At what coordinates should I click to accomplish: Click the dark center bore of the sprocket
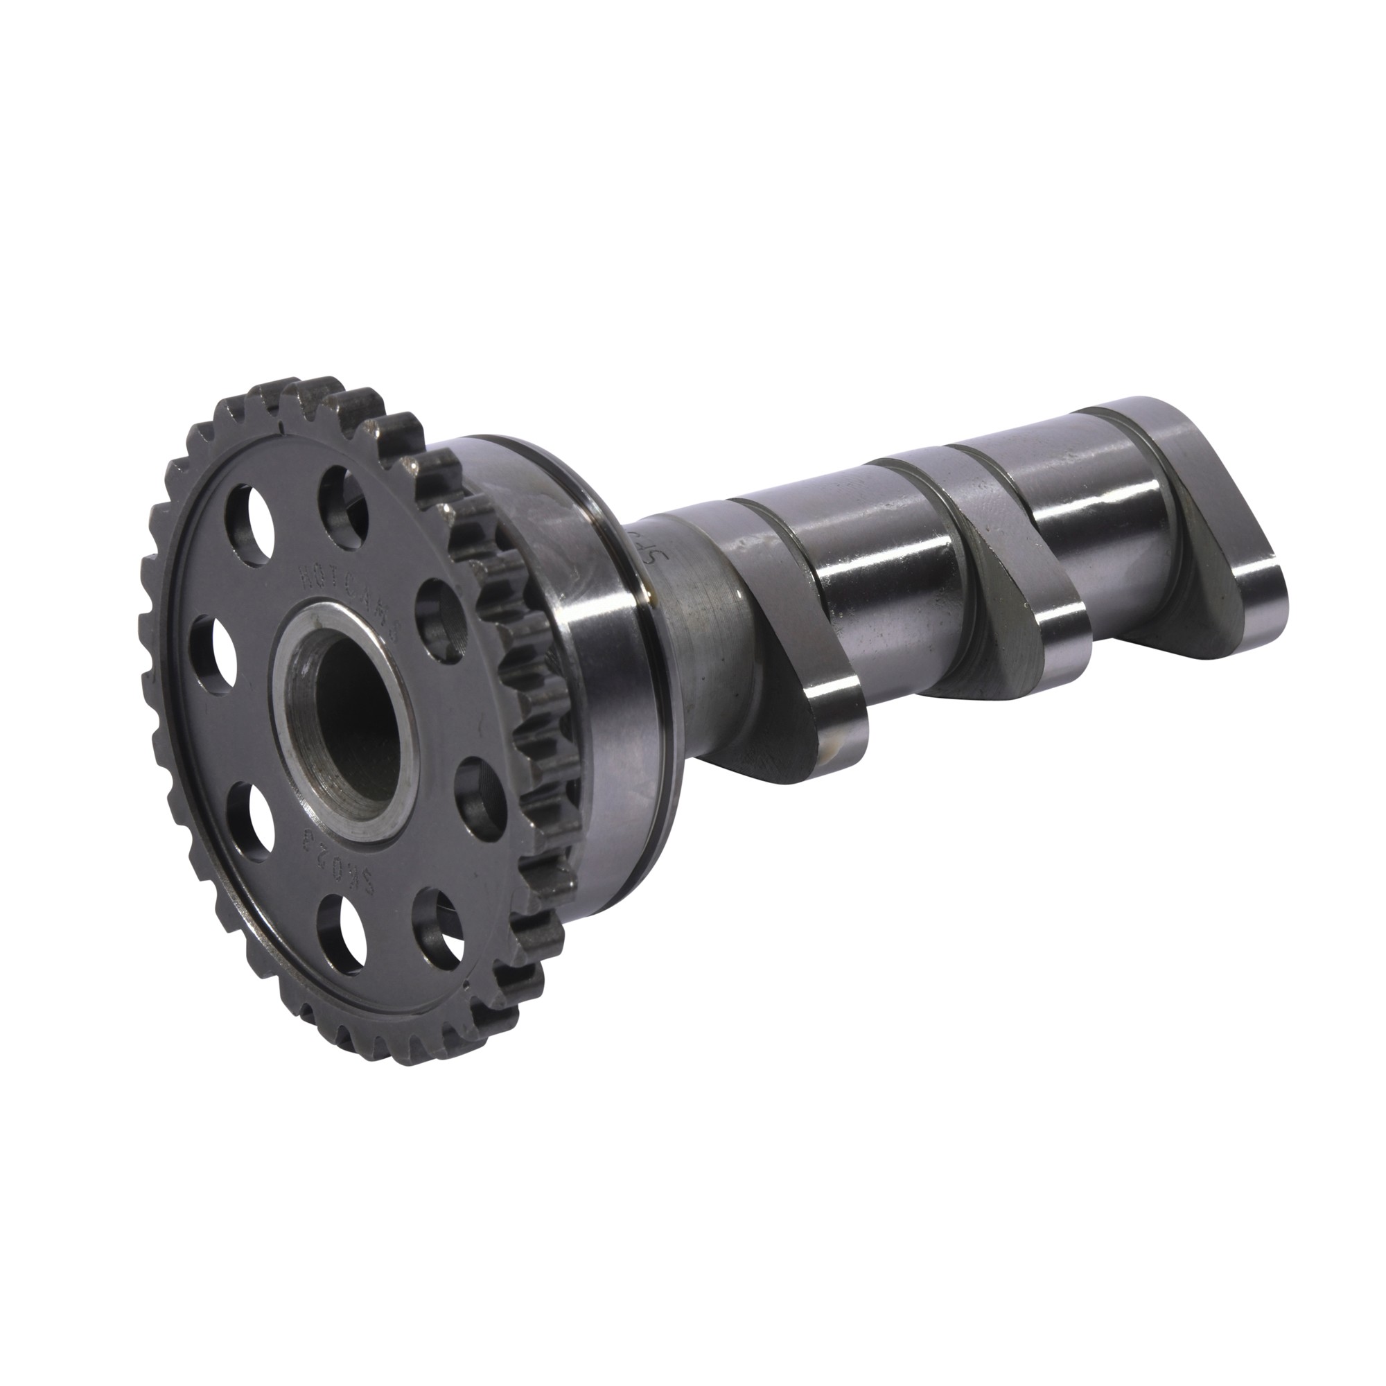tap(356, 707)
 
